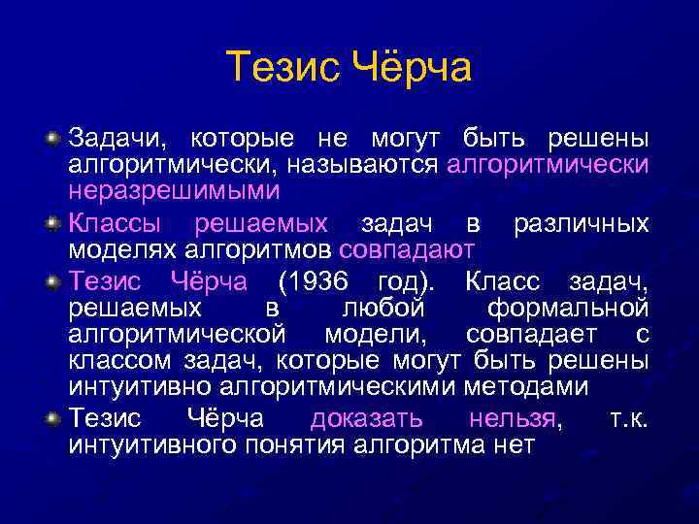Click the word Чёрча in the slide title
(x=410, y=68)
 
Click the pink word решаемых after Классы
(x=261, y=224)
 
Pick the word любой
(x=384, y=309)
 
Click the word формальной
(x=568, y=309)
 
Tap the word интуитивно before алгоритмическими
(x=141, y=386)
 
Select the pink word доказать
(x=366, y=419)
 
